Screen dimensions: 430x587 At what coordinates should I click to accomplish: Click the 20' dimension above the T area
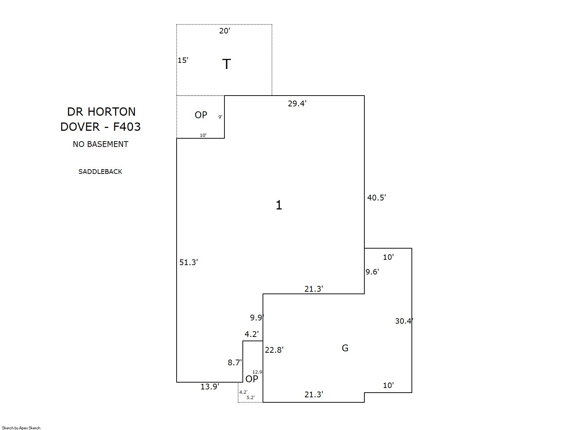pyautogui.click(x=224, y=31)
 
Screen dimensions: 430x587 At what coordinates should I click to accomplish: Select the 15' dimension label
pyautogui.click(x=183, y=60)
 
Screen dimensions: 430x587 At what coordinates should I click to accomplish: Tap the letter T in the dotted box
pyautogui.click(x=226, y=64)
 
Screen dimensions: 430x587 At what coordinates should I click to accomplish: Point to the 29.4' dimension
pyautogui.click(x=297, y=104)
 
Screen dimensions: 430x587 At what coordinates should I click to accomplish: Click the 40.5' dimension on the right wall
pyautogui.click(x=376, y=198)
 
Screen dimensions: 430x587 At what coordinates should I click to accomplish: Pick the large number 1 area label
pyautogui.click(x=279, y=205)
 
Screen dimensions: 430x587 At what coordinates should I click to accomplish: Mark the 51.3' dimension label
pyautogui.click(x=188, y=263)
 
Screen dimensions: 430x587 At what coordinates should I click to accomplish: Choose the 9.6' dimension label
pyautogui.click(x=372, y=272)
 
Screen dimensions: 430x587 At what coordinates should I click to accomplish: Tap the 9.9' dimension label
pyautogui.click(x=257, y=318)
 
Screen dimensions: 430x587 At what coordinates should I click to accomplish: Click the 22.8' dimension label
pyautogui.click(x=274, y=350)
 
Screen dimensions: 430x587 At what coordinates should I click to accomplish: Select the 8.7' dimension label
pyautogui.click(x=235, y=363)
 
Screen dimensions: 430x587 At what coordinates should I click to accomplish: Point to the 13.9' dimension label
pyautogui.click(x=210, y=387)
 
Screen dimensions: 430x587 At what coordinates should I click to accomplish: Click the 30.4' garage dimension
pyautogui.click(x=404, y=321)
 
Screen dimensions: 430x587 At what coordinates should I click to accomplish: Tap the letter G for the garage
pyautogui.click(x=345, y=348)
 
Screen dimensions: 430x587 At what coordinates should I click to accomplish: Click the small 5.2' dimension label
pyautogui.click(x=250, y=398)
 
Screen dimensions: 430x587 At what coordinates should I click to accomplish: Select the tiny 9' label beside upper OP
pyautogui.click(x=220, y=117)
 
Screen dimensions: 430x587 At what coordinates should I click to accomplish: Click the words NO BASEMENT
pyautogui.click(x=100, y=144)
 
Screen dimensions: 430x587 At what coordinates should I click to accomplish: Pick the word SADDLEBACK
pyautogui.click(x=100, y=172)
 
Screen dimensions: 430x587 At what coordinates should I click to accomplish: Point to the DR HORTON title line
pyautogui.click(x=101, y=112)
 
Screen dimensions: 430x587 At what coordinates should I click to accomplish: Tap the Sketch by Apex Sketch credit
pyautogui.click(x=21, y=428)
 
